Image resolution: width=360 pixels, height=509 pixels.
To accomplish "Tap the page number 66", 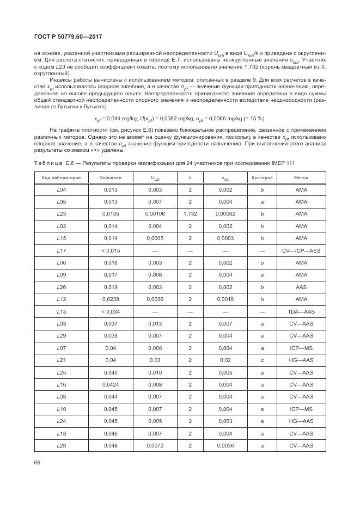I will coord(38,462).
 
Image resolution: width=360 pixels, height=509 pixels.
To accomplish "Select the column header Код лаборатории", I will coord(62,177).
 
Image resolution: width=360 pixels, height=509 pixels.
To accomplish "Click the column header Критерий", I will coord(262,177).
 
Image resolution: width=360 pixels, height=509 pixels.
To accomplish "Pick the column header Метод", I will coord(301,177).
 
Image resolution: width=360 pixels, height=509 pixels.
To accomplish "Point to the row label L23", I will coord(62,213).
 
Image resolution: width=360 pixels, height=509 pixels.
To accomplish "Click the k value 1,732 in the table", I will coord(190,213).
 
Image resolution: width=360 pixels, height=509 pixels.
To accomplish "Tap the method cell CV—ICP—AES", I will coord(301,250).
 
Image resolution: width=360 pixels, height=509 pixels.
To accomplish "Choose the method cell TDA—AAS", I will coord(301,311).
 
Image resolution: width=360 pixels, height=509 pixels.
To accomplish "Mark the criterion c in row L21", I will coord(262,360).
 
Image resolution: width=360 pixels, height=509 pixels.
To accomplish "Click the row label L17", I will coord(62,250).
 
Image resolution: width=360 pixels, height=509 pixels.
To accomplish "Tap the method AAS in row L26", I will coord(301,287).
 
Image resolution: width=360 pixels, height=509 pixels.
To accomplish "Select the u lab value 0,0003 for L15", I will coord(225,238).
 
